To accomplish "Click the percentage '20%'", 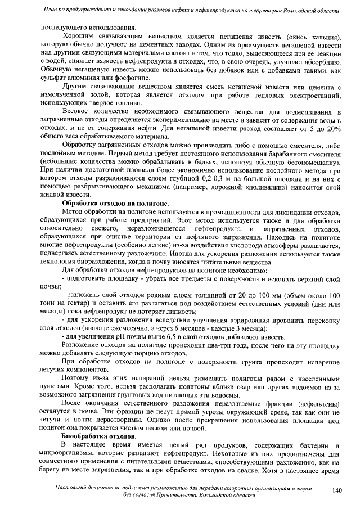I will click(x=334, y=128).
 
